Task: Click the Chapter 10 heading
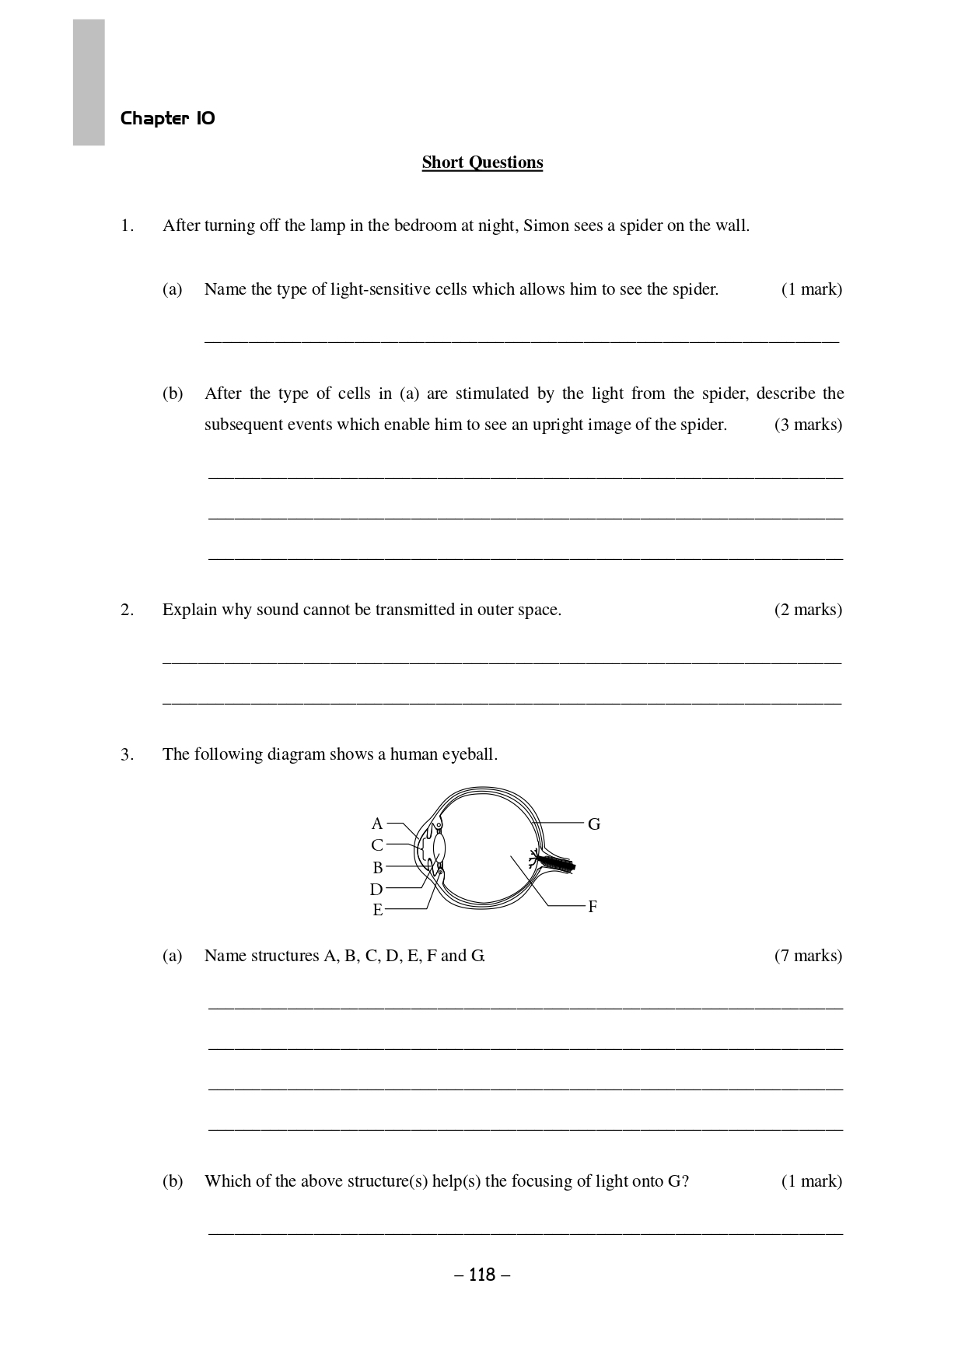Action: tap(167, 118)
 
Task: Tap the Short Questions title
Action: tap(482, 163)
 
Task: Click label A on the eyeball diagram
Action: tap(377, 824)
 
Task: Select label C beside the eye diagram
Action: tap(377, 845)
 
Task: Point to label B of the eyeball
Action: tap(377, 867)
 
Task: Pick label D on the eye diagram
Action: tap(376, 890)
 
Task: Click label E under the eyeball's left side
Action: tap(378, 910)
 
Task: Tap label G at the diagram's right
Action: tap(594, 824)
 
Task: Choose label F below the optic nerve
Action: tap(593, 907)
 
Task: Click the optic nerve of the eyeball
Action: tap(556, 862)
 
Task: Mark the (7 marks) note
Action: tap(808, 956)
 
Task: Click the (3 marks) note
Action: tap(808, 425)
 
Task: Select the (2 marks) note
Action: tap(808, 610)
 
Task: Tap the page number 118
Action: tap(482, 1275)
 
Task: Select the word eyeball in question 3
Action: tap(469, 754)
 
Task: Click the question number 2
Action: tap(128, 610)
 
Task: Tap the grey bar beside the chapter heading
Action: tap(89, 82)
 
